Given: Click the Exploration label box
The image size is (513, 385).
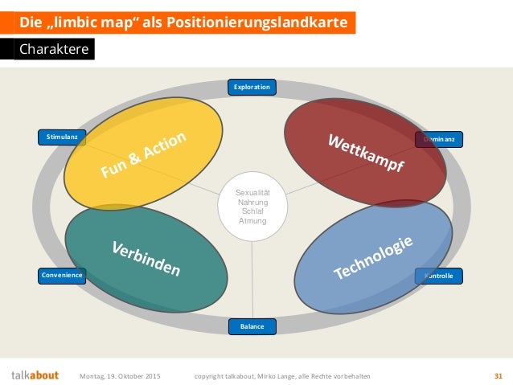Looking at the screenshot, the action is pos(252,87).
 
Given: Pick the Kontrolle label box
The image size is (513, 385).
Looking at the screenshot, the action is pos(439,276).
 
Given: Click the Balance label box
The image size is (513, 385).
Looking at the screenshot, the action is pos(252,326).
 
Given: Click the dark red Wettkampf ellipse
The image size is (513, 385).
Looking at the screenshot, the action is pos(365,152).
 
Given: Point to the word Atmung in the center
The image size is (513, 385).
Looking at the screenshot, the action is pos(252,220).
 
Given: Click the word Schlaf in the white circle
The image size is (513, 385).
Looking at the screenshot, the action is pos(252,211).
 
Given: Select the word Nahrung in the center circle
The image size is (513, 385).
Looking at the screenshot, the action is pos(252,203).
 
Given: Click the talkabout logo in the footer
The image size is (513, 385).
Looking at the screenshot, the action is pos(35,375).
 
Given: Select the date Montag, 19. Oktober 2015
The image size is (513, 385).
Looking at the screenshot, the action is pos(120,375).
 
